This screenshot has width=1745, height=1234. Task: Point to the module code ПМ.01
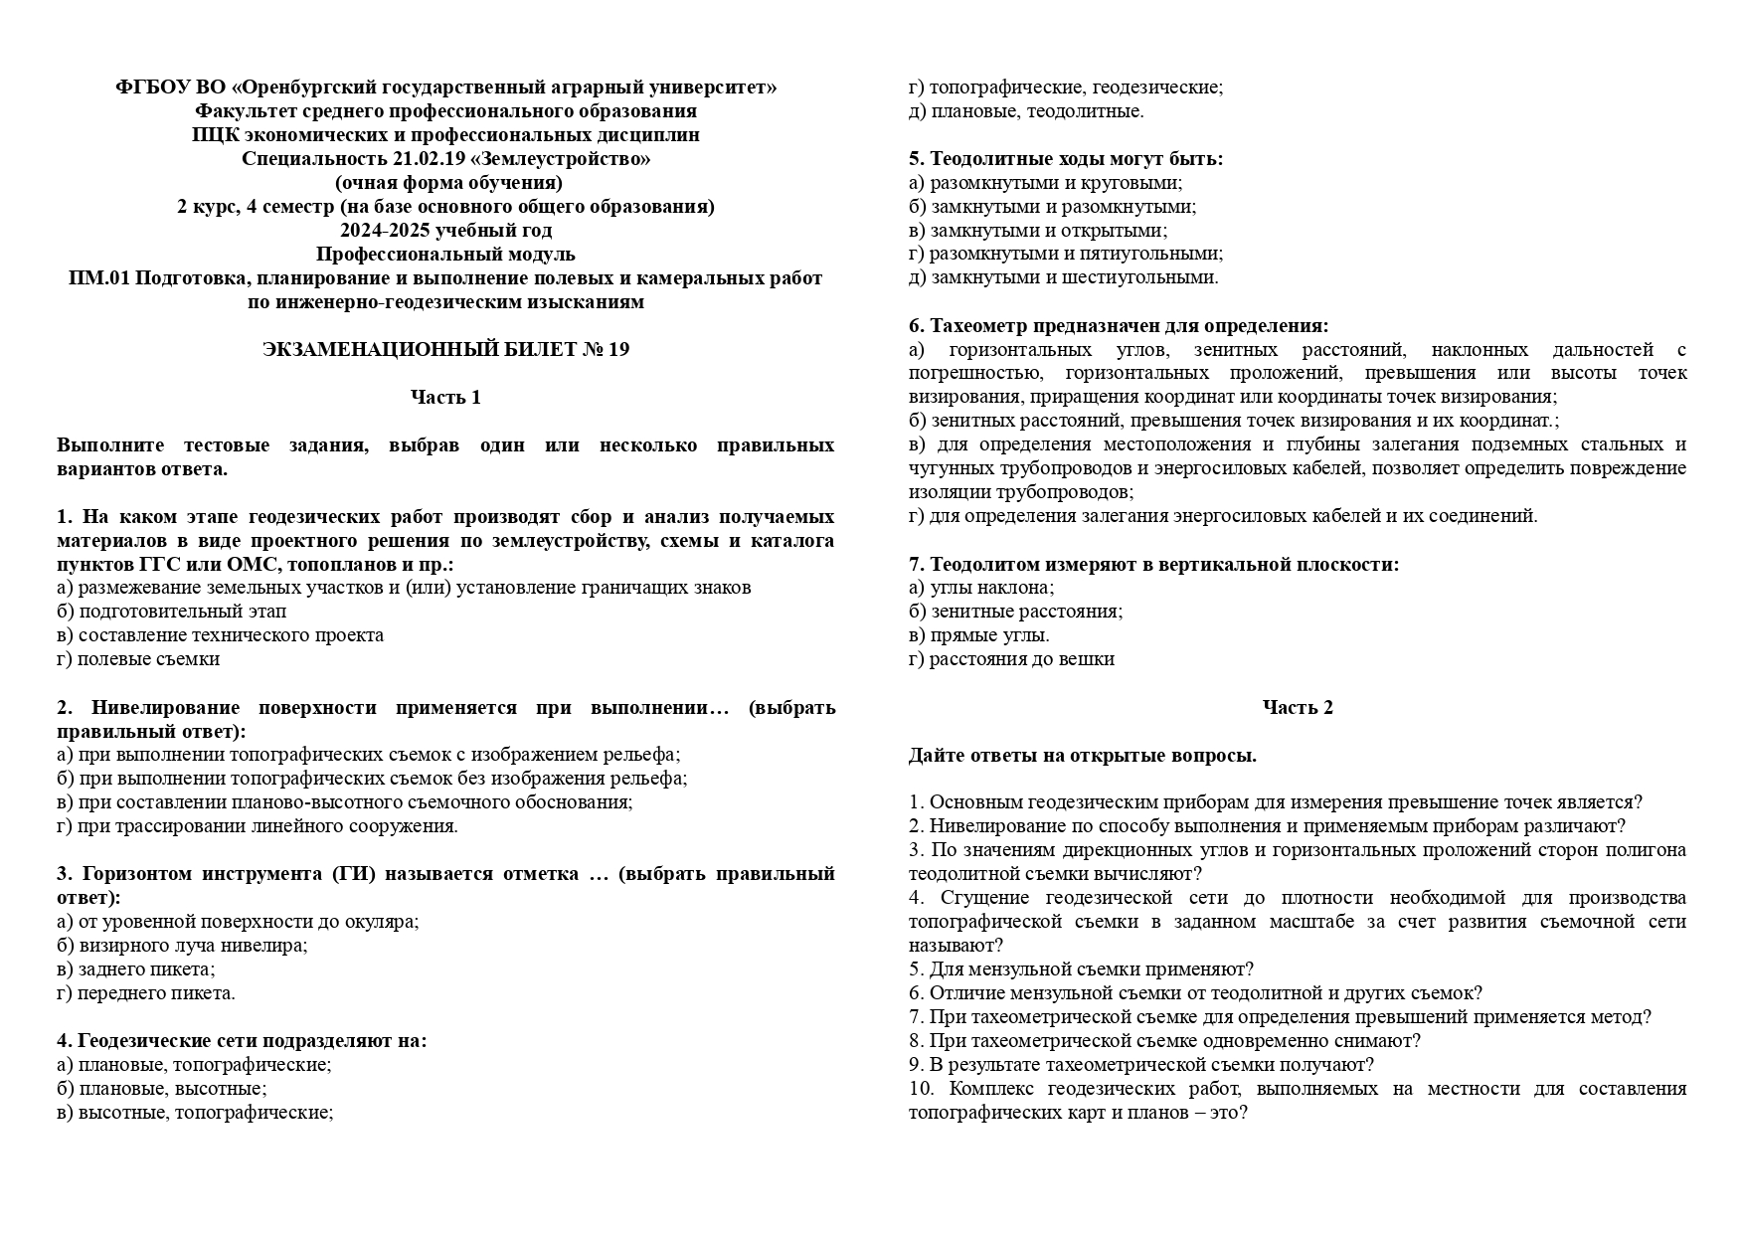coord(97,278)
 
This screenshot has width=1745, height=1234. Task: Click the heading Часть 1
coord(445,398)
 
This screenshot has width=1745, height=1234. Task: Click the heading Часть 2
coord(1297,708)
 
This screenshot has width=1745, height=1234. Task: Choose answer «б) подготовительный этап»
coord(172,612)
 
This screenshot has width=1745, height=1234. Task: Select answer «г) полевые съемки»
coord(138,659)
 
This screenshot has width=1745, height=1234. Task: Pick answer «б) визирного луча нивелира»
coord(182,946)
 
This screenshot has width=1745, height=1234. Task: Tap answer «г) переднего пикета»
coord(146,993)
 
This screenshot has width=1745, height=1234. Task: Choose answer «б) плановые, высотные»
coord(162,1089)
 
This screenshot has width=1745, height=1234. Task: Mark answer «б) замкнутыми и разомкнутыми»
coord(1052,207)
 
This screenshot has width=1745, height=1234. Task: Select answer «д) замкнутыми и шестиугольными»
coord(1063,278)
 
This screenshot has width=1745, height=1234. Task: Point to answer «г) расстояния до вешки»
coord(1011,659)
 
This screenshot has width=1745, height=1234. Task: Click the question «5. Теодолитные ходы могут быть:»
coord(1066,159)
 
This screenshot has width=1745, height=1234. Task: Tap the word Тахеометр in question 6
coord(978,326)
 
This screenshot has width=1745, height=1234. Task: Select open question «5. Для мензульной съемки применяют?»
coord(1081,970)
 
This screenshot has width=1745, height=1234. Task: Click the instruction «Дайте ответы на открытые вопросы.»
coord(1082,756)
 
